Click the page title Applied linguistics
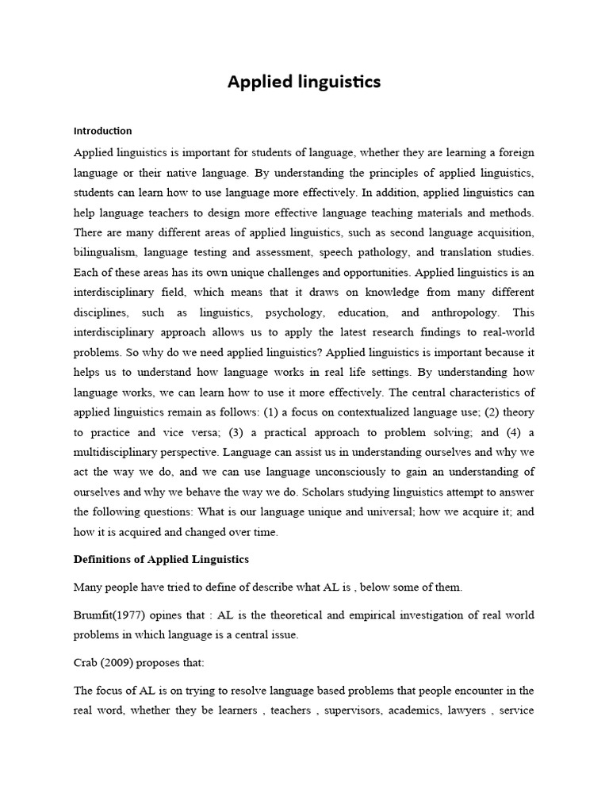[304, 82]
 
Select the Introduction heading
[102, 131]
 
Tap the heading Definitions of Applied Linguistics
[161, 559]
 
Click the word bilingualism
[105, 251]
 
